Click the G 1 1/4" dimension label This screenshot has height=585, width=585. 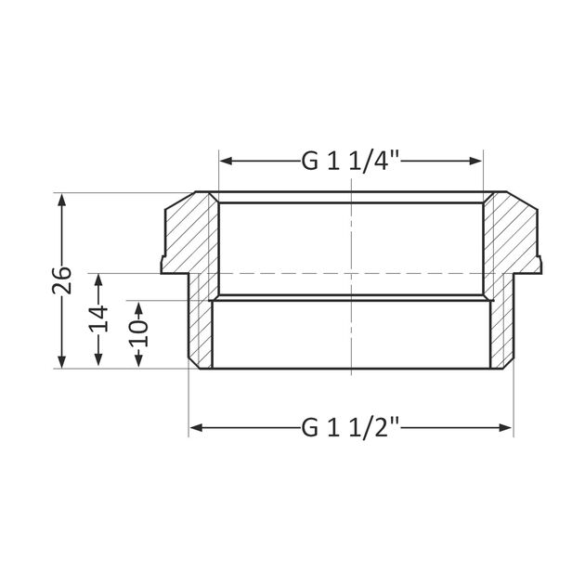[x=350, y=161]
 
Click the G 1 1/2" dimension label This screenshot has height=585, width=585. [x=350, y=428]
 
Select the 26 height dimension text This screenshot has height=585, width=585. [x=62, y=279]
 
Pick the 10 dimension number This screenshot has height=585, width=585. [x=138, y=332]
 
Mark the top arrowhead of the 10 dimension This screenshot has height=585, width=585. [x=138, y=305]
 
